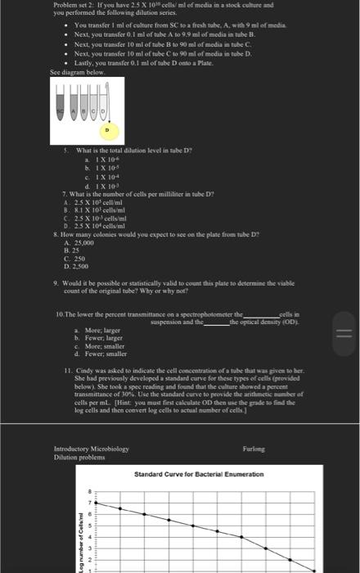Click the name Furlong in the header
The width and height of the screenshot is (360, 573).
255,449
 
